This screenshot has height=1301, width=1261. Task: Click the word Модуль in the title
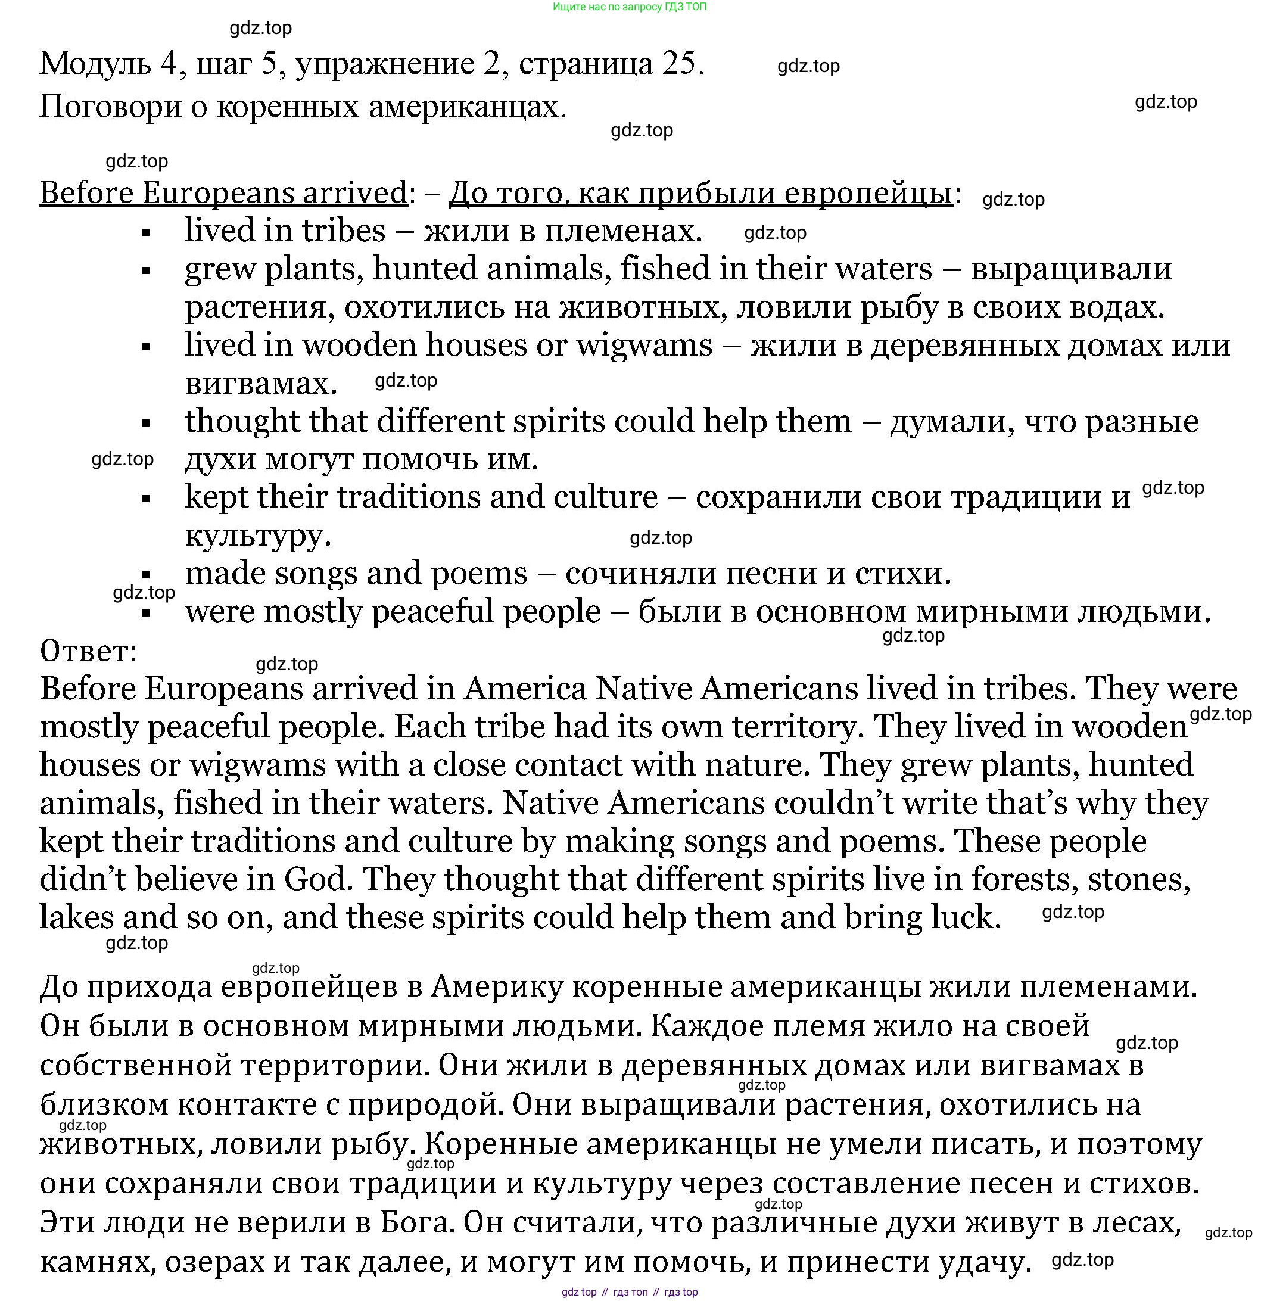coord(95,64)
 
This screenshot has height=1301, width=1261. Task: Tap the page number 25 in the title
coord(678,64)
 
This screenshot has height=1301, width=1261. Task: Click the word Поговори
coord(110,107)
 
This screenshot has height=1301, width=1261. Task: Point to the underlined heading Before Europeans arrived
coord(223,193)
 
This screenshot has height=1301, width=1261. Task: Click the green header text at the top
coord(629,7)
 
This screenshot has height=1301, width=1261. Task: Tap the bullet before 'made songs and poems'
coord(147,575)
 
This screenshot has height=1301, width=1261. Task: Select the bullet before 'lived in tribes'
coord(147,233)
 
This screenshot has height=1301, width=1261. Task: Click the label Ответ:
coord(88,651)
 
